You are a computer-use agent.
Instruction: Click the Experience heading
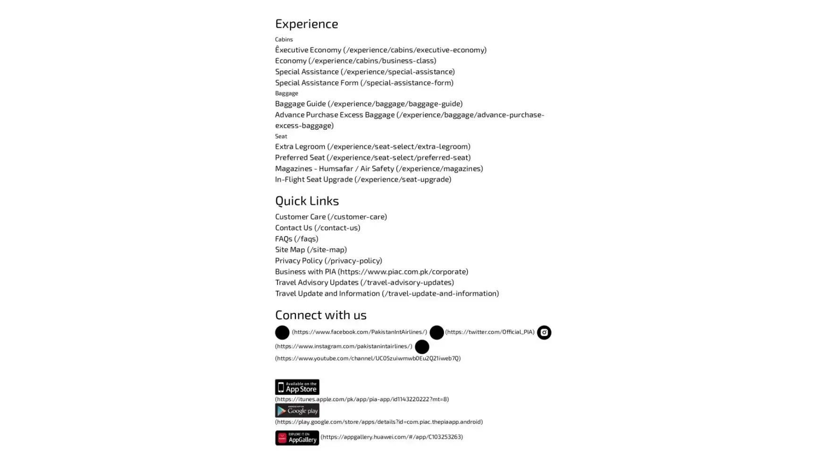[306, 24]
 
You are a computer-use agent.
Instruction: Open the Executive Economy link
[380, 50]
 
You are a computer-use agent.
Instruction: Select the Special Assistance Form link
[364, 82]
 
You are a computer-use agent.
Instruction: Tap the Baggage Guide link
[368, 103]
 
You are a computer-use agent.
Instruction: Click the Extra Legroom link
[372, 146]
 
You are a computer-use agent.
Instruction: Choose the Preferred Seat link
[372, 157]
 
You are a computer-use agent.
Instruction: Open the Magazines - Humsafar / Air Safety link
[378, 168]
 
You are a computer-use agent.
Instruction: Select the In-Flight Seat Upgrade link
[362, 179]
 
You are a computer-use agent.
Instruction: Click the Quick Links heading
[307, 201]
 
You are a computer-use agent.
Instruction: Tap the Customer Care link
[330, 216]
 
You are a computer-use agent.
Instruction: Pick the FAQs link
[296, 238]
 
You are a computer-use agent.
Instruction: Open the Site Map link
[310, 249]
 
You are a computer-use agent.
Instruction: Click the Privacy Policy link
[328, 260]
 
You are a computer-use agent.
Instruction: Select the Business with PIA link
[371, 271]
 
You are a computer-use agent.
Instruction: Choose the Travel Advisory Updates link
[364, 282]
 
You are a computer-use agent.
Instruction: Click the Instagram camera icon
[544, 332]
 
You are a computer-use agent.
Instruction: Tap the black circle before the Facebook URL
[282, 332]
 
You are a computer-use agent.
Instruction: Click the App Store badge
[297, 387]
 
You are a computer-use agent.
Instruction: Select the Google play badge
[297, 410]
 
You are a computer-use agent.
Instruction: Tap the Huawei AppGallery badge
[297, 438]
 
